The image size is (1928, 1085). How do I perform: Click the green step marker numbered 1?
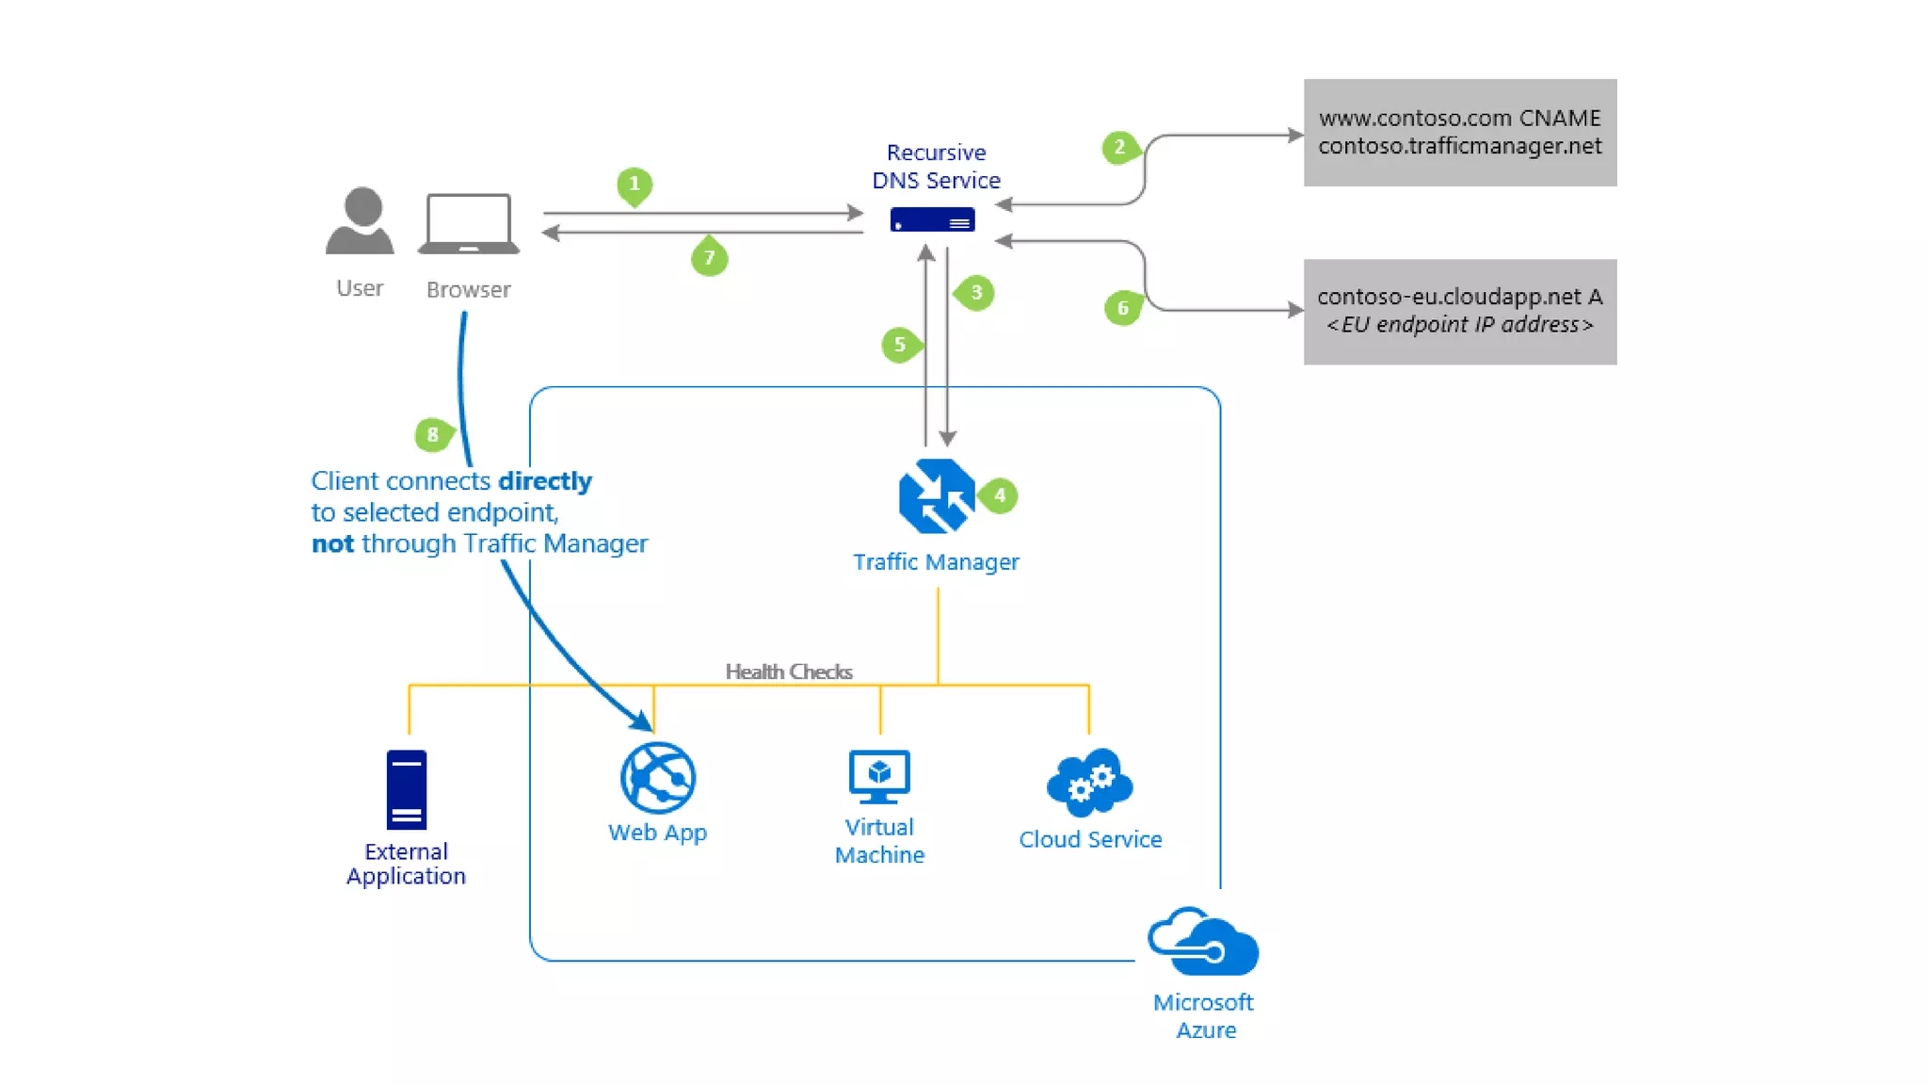click(x=635, y=184)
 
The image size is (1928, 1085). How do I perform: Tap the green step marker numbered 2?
click(x=1119, y=147)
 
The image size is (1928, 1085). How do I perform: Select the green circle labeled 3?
click(x=976, y=293)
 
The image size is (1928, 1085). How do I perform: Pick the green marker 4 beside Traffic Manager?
click(x=1000, y=495)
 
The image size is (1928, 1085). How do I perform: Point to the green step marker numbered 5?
click(x=900, y=345)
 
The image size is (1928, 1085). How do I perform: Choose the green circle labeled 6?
click(x=1122, y=308)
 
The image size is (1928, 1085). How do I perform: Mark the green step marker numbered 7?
click(x=709, y=258)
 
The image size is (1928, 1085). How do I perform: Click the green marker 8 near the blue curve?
click(x=433, y=434)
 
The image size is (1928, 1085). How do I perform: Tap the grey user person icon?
click(x=361, y=221)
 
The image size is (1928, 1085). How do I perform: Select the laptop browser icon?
click(x=469, y=224)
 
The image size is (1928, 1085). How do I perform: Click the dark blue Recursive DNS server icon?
click(x=932, y=219)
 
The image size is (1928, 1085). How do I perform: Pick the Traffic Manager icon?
click(x=936, y=495)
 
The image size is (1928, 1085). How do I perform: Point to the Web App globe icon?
click(x=657, y=778)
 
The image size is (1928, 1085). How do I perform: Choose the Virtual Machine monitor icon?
click(x=879, y=776)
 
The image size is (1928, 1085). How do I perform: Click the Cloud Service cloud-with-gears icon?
click(x=1089, y=782)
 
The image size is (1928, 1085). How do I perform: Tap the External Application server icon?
click(x=407, y=789)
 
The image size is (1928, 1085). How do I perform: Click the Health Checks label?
click(x=789, y=672)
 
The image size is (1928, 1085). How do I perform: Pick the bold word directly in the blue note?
click(x=545, y=481)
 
